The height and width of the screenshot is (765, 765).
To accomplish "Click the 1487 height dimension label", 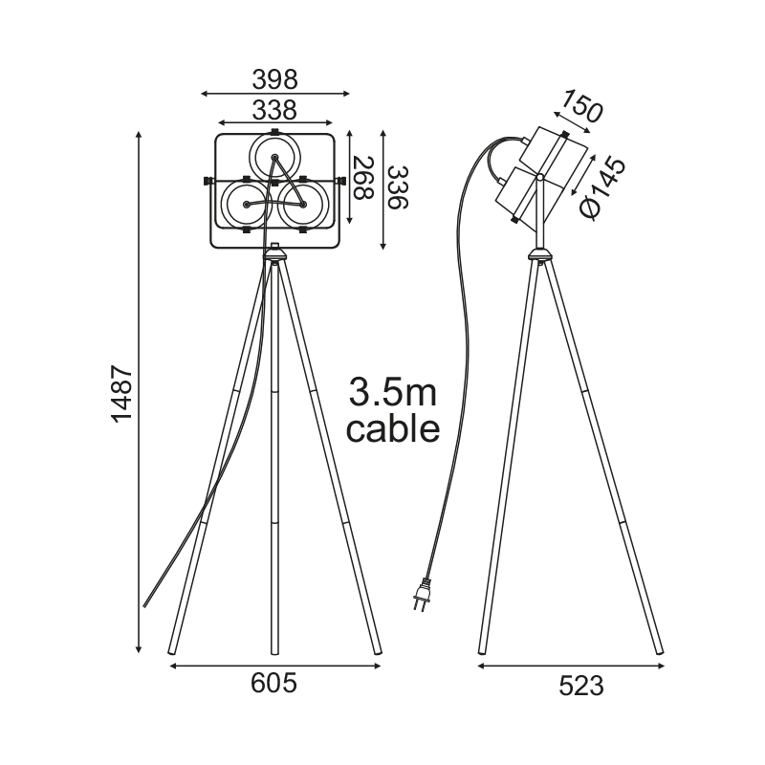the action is (x=122, y=393).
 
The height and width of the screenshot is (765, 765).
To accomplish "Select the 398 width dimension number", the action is (x=274, y=79).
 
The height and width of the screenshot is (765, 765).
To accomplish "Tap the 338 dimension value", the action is (x=274, y=110).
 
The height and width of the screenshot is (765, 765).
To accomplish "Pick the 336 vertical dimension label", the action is (x=397, y=187).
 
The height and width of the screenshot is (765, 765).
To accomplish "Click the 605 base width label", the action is (x=273, y=683).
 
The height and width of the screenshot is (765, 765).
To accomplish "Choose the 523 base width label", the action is (x=581, y=687).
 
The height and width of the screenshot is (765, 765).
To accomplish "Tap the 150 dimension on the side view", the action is (x=581, y=106).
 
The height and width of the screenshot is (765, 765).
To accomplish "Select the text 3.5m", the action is (x=393, y=393).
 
